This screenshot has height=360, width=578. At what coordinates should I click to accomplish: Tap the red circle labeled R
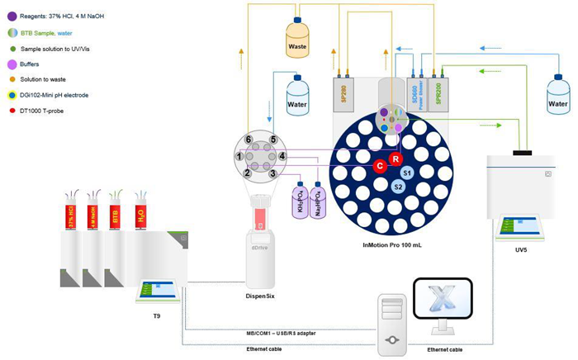(x=396, y=159)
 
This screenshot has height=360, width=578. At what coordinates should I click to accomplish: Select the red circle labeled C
(x=380, y=166)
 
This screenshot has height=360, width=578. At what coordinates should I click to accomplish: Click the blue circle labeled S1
(x=407, y=173)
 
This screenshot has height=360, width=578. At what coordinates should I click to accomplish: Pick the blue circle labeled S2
(x=398, y=187)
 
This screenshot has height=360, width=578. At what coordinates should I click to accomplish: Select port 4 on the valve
(x=282, y=156)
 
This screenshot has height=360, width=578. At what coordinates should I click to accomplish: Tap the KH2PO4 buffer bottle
(x=300, y=201)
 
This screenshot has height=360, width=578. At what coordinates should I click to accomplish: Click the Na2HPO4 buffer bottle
(x=318, y=201)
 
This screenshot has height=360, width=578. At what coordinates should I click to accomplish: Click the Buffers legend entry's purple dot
(x=12, y=64)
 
